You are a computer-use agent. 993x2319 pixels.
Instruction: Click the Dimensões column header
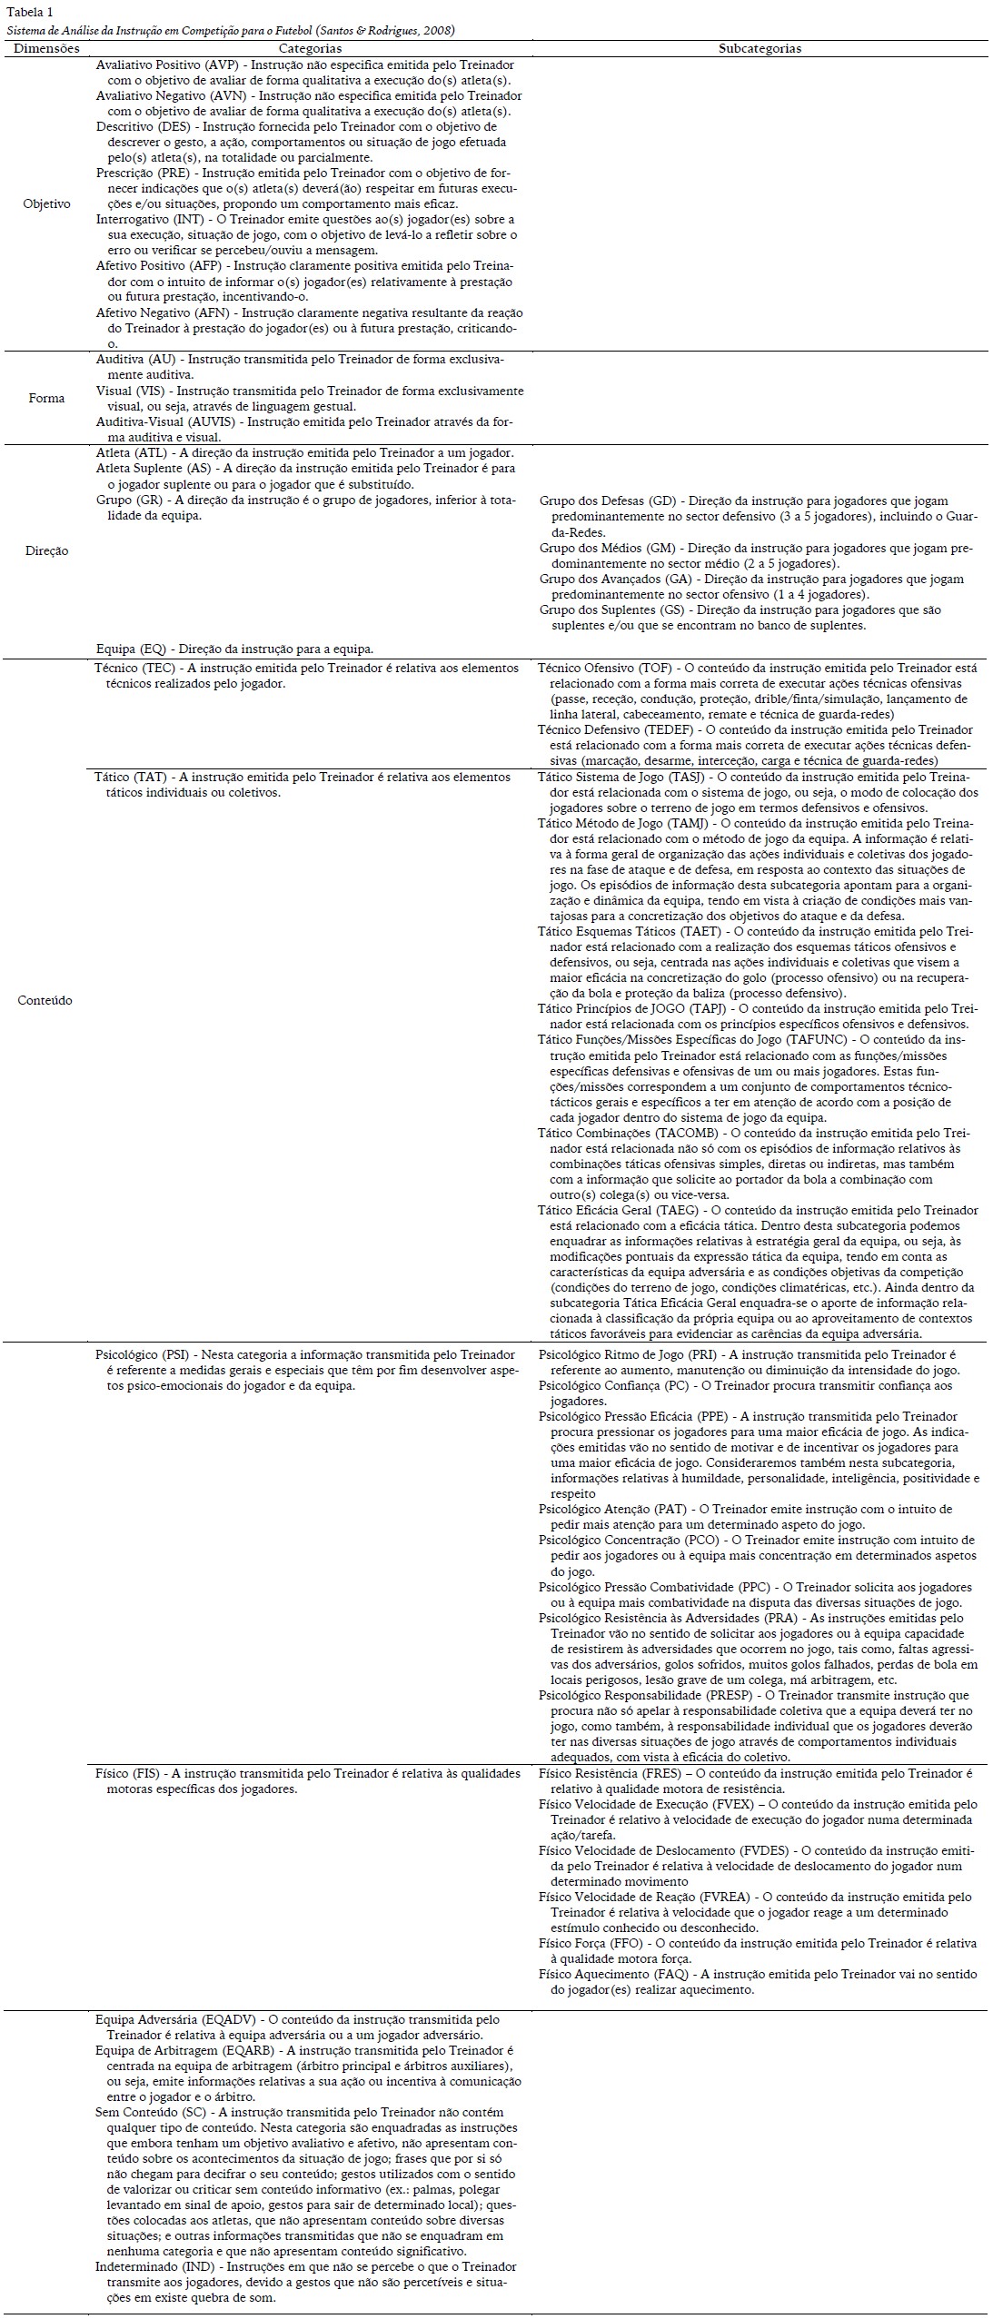(46, 49)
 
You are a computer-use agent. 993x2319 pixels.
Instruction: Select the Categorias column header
(310, 49)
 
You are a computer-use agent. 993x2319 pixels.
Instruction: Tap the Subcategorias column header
(760, 49)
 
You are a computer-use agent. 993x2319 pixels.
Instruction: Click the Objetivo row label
(46, 204)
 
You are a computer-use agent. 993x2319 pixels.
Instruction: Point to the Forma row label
(46, 398)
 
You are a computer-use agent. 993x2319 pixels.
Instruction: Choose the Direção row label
(46, 551)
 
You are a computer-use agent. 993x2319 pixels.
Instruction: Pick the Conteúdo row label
(45, 1000)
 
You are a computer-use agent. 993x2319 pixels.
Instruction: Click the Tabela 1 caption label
(30, 12)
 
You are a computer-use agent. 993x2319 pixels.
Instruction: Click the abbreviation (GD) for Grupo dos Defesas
(664, 501)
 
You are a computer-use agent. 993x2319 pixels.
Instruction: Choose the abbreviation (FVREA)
(729, 1897)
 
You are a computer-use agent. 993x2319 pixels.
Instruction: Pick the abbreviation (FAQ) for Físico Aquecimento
(672, 1974)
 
